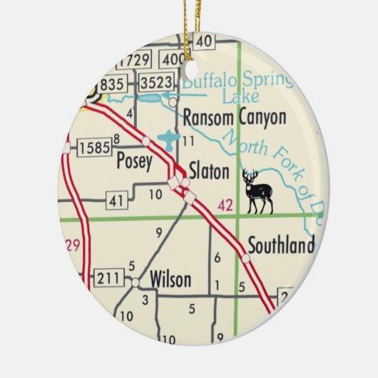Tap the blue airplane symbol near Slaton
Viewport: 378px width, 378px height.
pos(168,138)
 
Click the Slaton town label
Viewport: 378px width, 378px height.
pos(209,171)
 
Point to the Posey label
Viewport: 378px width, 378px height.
pos(134,162)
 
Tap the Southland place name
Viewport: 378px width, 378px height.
pos(280,246)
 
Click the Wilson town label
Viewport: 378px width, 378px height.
pos(170,279)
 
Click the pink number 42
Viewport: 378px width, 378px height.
pos(225,206)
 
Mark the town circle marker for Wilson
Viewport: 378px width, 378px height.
pos(135,282)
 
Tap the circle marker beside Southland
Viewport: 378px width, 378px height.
pos(246,258)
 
